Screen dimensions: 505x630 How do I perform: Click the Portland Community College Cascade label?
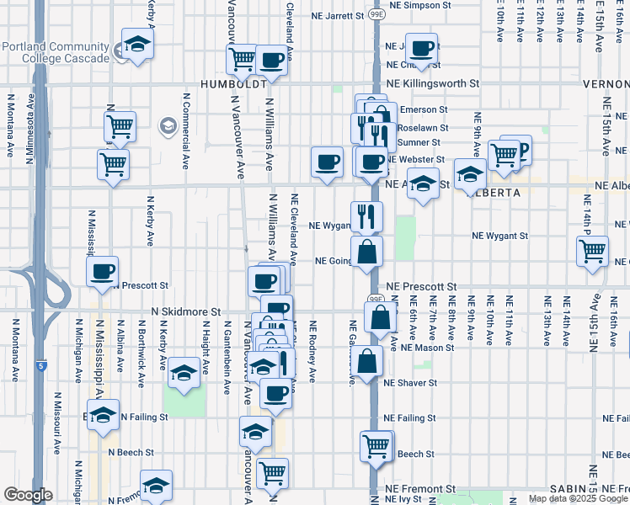coord(56,52)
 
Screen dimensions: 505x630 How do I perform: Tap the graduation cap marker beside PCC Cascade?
coord(136,46)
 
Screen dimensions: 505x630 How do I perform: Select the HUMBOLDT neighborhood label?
coord(233,84)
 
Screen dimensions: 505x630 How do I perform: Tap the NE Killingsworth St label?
coord(433,84)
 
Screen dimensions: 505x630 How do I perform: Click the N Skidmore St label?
coord(185,311)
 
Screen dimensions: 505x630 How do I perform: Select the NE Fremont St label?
coord(420,488)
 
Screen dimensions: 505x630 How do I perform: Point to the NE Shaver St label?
coord(410,382)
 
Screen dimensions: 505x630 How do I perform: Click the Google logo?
coord(28,495)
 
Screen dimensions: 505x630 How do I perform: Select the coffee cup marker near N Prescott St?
coord(103,272)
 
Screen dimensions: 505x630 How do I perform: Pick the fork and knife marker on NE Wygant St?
coord(366,216)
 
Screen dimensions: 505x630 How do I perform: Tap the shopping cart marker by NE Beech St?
coord(376,446)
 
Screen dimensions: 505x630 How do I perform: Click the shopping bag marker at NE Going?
coord(366,252)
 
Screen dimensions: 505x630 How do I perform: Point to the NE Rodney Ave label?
coord(312,351)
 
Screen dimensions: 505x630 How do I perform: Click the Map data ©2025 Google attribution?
coord(577,498)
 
